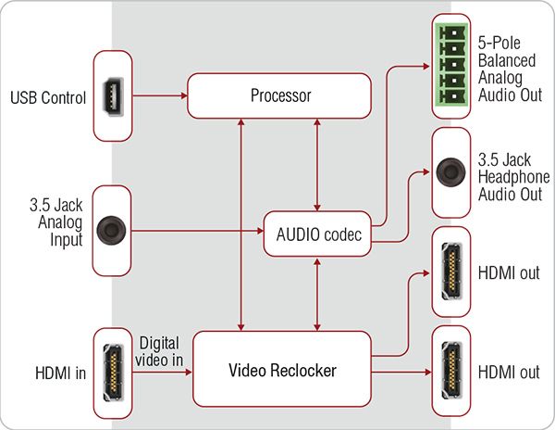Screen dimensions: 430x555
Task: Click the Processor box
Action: (x=279, y=96)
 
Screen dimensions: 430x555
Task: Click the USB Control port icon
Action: (x=111, y=96)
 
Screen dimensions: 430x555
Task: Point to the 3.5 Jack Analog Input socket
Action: (x=111, y=228)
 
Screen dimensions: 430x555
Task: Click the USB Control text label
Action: (x=48, y=97)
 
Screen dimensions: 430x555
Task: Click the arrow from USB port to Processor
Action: (x=156, y=95)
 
